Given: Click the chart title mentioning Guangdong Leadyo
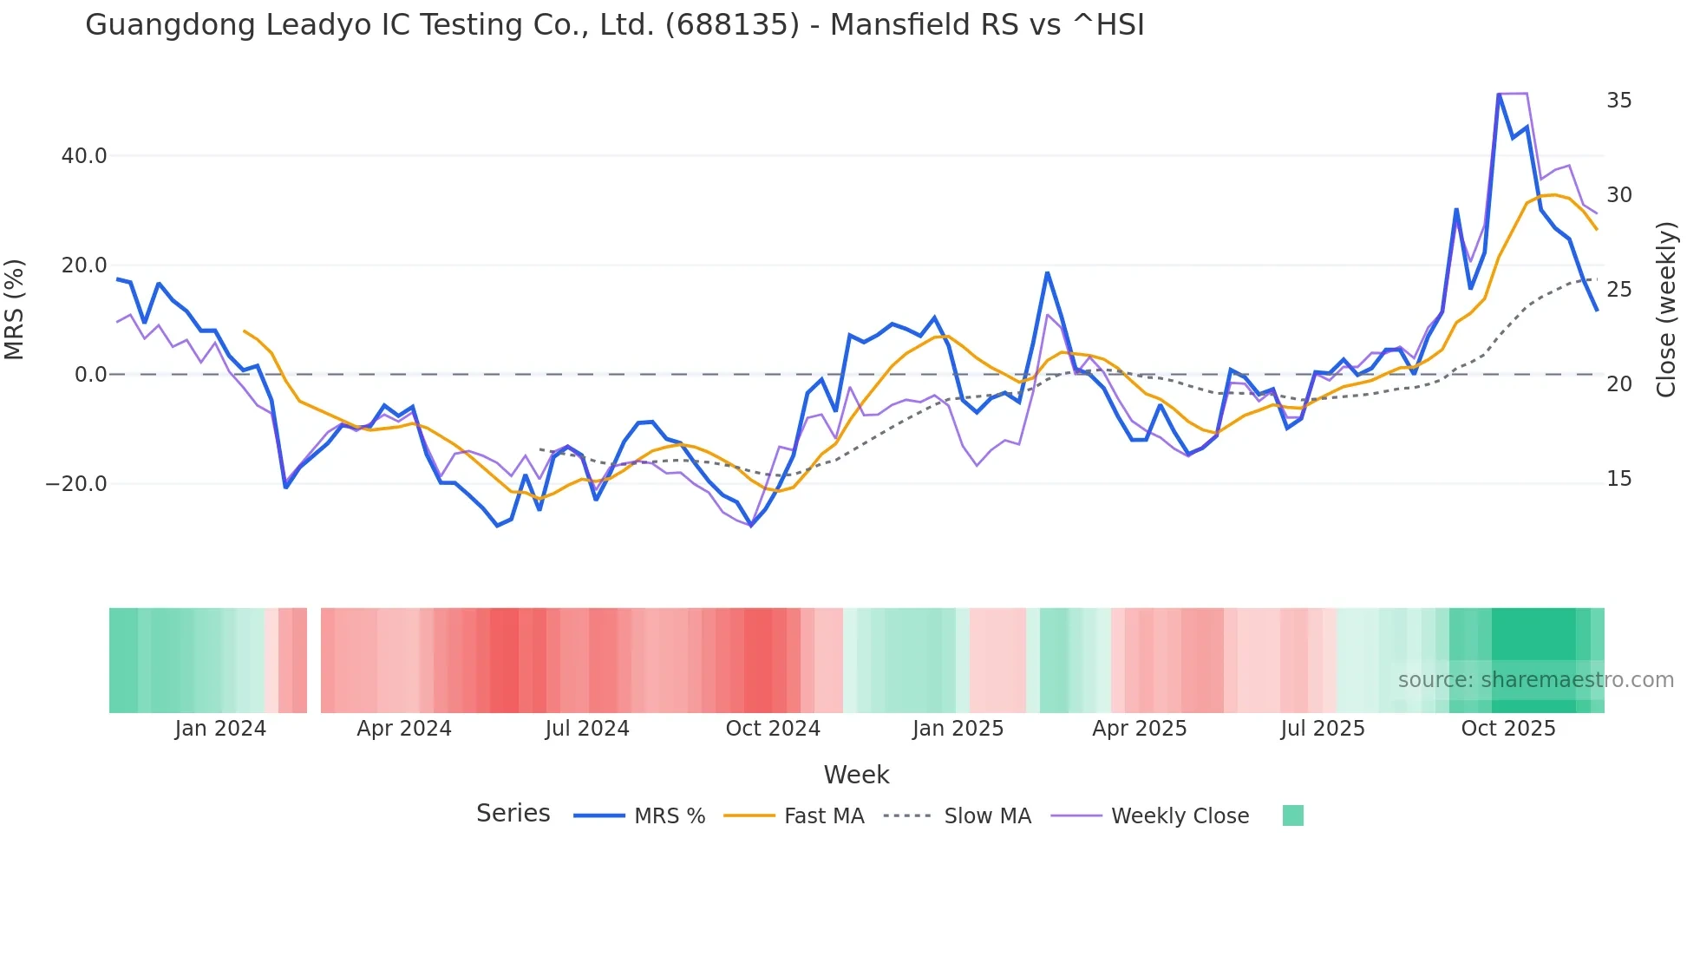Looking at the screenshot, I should point(614,25).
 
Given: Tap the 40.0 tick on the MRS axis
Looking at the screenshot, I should point(84,156).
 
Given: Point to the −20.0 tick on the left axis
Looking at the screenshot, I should point(76,484).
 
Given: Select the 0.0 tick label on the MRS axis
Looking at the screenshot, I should point(90,375).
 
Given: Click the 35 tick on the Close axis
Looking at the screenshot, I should point(1618,101).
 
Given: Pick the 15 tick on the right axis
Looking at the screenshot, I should point(1618,479).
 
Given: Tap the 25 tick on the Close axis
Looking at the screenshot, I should point(1618,290).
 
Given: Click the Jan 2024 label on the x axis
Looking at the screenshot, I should point(220,729).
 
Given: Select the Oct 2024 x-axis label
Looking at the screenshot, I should point(773,729).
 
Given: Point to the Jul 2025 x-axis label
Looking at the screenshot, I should point(1323,729).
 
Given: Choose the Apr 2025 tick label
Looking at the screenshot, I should point(1139,729).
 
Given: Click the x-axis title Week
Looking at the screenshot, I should point(856,775).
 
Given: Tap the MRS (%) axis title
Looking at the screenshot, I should point(15,310).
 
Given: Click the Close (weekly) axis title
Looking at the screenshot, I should point(1665,310).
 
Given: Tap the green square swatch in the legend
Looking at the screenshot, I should point(1292,815).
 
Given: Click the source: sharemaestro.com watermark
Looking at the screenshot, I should point(1535,680).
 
